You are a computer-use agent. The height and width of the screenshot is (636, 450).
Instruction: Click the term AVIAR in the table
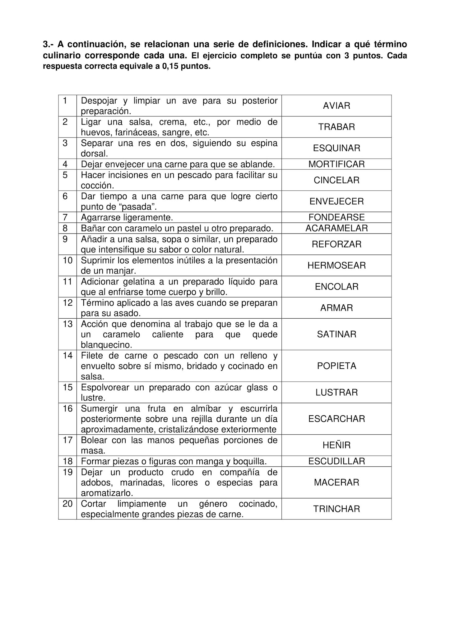tap(336, 106)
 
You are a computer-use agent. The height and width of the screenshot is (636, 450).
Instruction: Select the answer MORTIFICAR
tap(336, 164)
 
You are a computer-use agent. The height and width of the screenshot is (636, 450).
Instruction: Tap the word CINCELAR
tap(336, 180)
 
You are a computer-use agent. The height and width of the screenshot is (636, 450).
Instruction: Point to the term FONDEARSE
tap(336, 217)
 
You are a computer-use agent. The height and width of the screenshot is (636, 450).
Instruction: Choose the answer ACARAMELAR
tap(336, 228)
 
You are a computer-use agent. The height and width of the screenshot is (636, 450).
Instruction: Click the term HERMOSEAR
tap(336, 266)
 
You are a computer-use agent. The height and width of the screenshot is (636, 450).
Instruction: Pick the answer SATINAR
tap(336, 334)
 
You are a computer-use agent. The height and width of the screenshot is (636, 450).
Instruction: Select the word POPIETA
tap(336, 366)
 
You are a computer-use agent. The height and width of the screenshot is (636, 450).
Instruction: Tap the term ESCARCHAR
tap(336, 419)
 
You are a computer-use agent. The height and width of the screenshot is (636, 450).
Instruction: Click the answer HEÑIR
tap(336, 445)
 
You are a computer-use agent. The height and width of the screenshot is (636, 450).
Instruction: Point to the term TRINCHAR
tap(336, 509)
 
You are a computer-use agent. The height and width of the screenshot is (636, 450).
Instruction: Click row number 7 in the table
tap(65, 217)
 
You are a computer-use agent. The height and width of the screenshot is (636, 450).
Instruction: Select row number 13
tap(67, 324)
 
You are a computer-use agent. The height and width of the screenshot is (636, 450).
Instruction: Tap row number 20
tap(67, 504)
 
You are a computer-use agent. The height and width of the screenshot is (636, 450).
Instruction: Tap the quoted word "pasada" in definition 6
tap(138, 207)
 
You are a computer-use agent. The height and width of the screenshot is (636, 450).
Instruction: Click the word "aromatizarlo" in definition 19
tap(107, 493)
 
